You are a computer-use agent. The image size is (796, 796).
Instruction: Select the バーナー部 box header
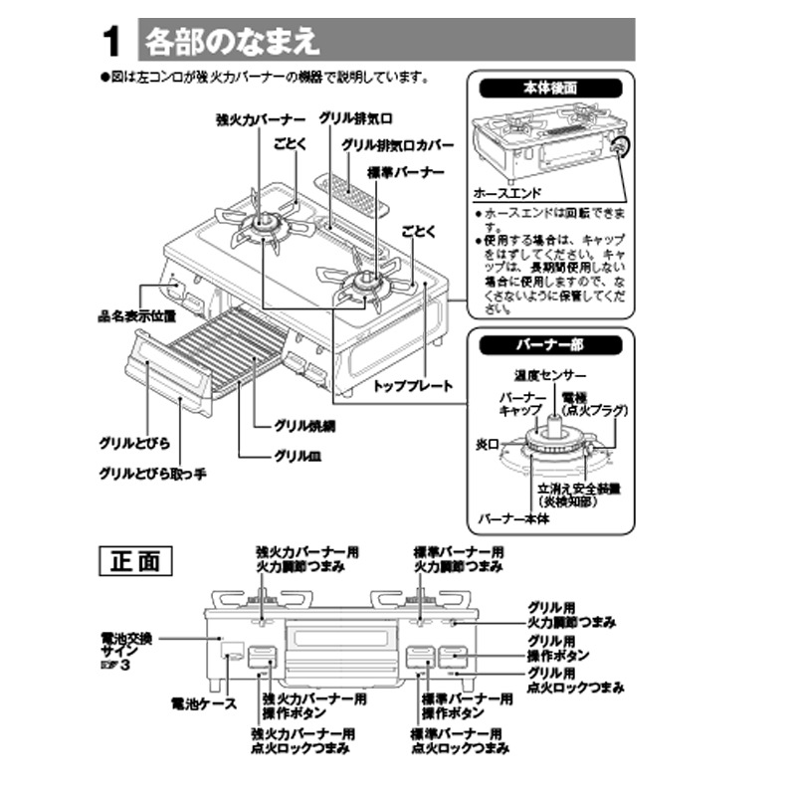pos(550,345)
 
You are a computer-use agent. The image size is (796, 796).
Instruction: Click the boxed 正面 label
pos(134,561)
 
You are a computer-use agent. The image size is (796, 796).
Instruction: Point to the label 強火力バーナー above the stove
pos(255,118)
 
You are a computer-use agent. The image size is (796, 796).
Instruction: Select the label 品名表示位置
pos(136,316)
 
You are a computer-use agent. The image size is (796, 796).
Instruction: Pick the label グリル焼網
pos(306,425)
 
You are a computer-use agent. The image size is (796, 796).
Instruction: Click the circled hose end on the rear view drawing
pos(621,147)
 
